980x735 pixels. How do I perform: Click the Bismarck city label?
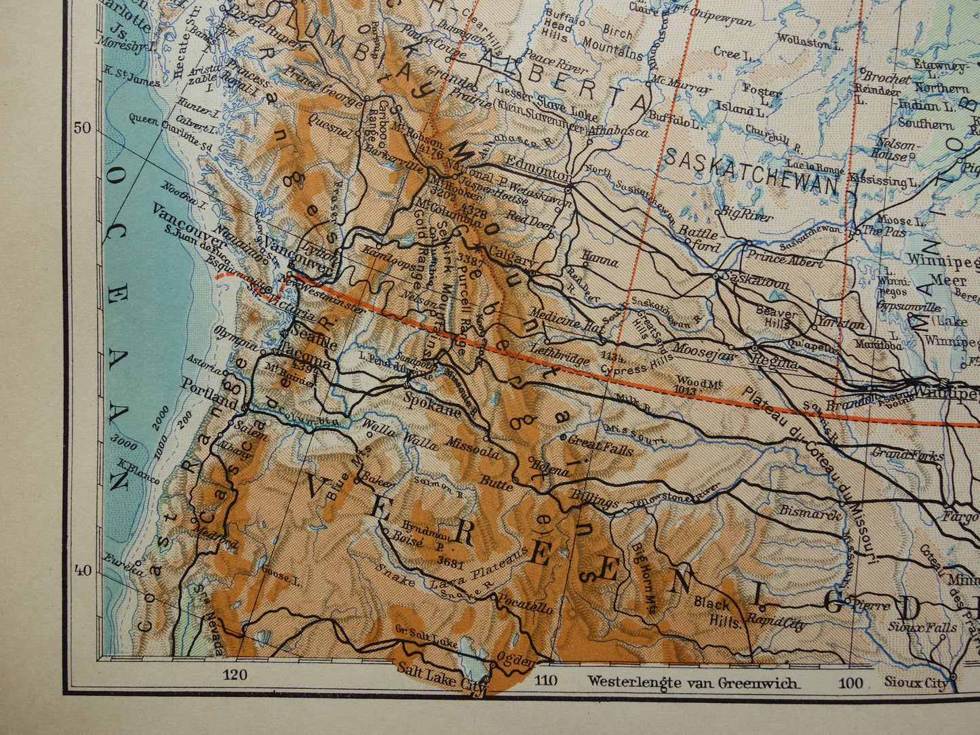tap(810, 512)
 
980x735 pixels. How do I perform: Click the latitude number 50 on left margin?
tap(83, 128)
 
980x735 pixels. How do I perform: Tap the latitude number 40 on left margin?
tap(83, 570)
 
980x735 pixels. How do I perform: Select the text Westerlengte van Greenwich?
tap(693, 681)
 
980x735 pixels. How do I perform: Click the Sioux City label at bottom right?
tap(916, 682)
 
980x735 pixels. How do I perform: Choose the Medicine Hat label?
tap(566, 319)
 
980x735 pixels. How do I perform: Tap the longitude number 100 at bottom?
tap(851, 682)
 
